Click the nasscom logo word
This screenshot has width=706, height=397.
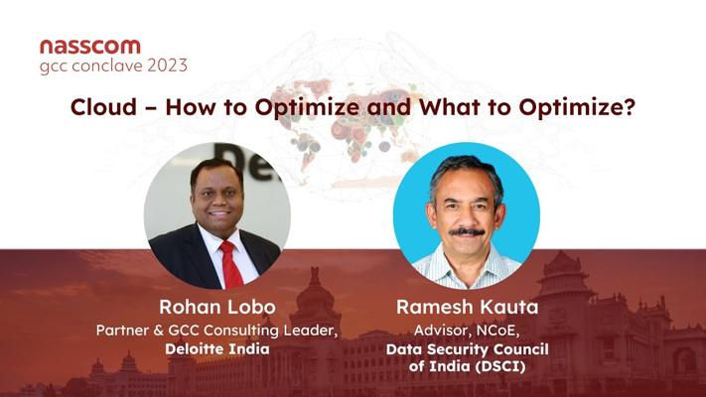click(x=90, y=47)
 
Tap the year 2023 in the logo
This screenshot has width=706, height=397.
click(x=167, y=66)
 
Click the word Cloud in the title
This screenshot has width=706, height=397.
click(x=103, y=107)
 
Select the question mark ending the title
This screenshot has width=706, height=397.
click(x=630, y=107)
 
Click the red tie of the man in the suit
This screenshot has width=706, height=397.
click(x=231, y=265)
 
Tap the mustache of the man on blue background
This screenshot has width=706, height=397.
click(x=467, y=232)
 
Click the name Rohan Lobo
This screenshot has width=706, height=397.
click(x=217, y=307)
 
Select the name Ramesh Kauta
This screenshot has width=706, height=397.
click(x=468, y=307)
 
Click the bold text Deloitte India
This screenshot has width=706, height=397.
click(x=217, y=348)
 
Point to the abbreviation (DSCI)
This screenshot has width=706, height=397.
click(x=500, y=366)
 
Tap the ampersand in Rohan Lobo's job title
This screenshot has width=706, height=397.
click(x=158, y=331)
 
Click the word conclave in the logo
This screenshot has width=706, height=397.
click(x=107, y=66)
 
